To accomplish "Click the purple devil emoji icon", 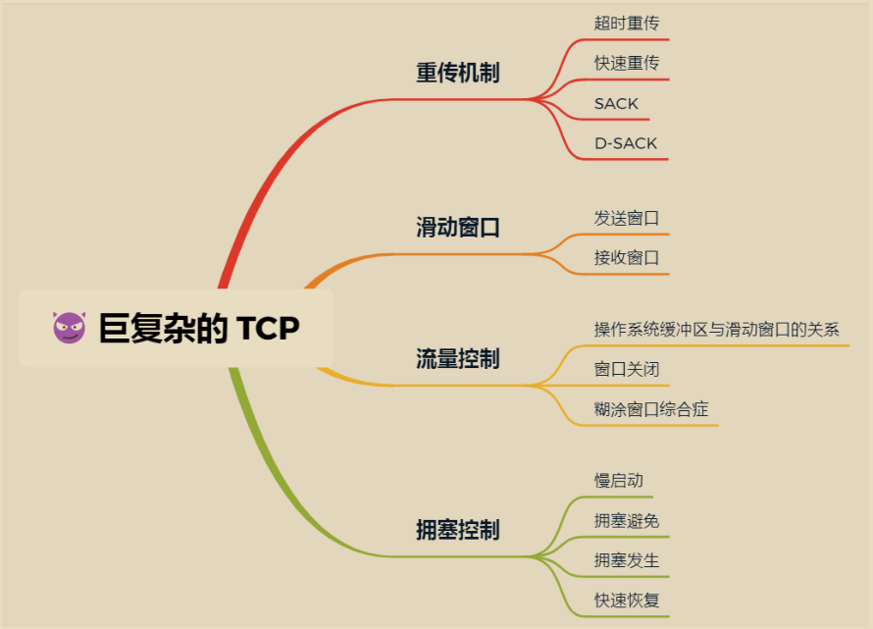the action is point(70,328).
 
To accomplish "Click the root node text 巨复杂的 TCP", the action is point(199,328).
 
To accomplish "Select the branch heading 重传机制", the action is point(458,73).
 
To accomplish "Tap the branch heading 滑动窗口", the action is point(458,228).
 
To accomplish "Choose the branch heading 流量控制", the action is point(458,359).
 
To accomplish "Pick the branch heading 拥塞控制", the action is point(458,530).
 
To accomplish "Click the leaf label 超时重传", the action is point(627,23).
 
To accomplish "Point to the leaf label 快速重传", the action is point(627,63).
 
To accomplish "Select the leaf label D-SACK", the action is point(626,143).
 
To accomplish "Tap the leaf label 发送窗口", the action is point(627,218).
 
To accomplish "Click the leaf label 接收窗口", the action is point(627,258).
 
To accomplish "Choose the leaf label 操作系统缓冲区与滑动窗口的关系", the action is point(717,330).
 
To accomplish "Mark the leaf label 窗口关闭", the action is point(627,369).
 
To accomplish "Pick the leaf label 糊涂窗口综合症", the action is point(651,409).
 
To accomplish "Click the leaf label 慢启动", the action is point(619,480).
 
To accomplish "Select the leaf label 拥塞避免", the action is point(627,521).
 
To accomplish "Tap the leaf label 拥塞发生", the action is point(627,560).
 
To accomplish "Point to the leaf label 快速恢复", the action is point(627,601).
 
